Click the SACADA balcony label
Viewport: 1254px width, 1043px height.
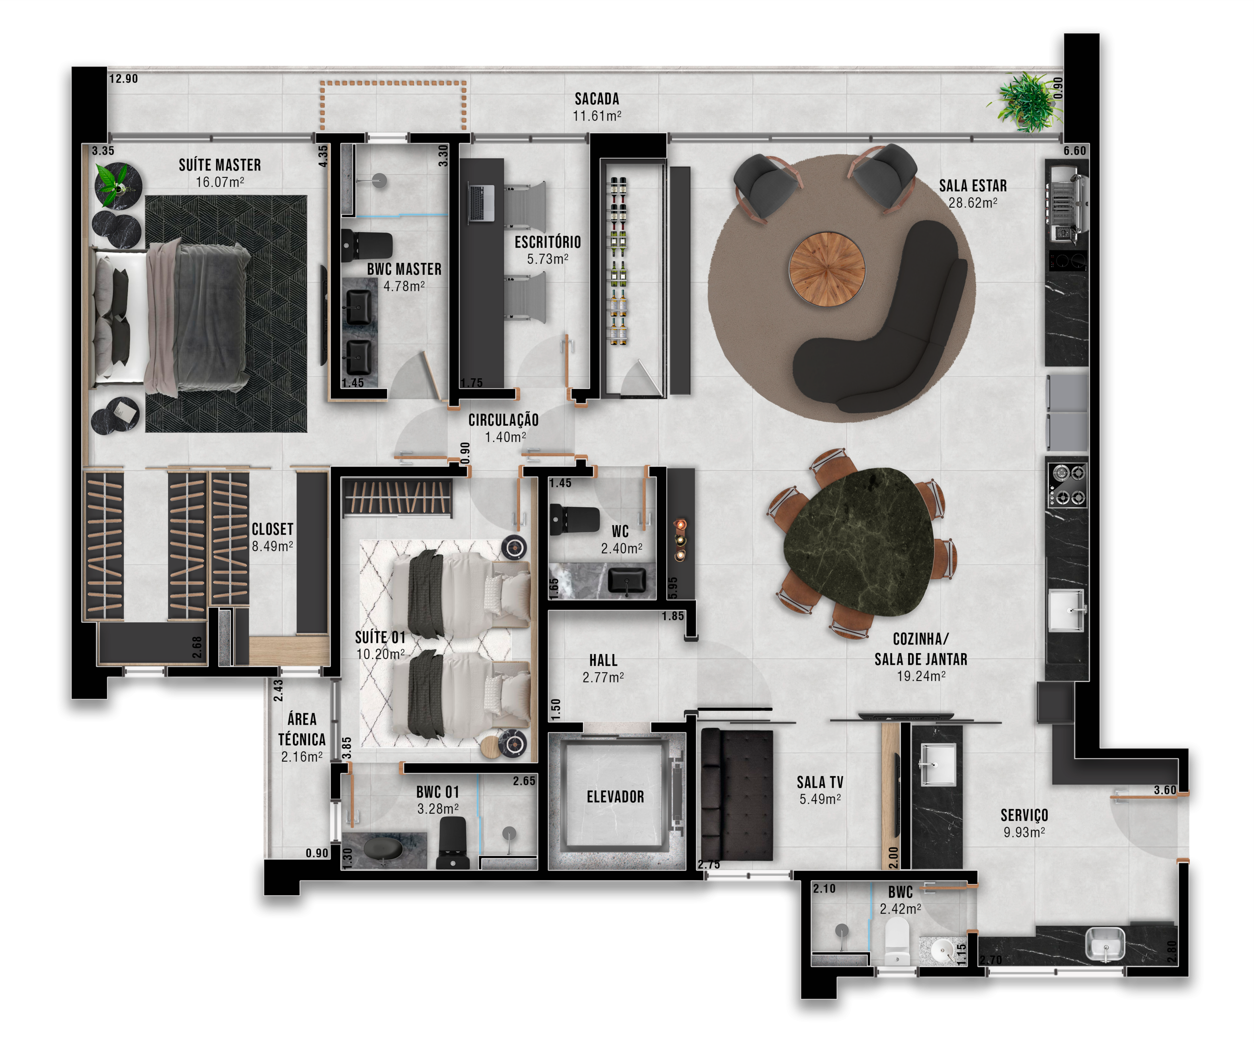[597, 98]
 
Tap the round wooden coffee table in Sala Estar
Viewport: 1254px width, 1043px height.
[827, 269]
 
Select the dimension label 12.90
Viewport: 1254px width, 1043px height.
[123, 79]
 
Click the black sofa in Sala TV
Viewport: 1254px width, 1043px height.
[737, 795]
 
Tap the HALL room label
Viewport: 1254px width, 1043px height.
[603, 660]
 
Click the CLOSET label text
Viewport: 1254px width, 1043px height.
[272, 529]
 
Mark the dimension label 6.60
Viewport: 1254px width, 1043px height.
[1075, 151]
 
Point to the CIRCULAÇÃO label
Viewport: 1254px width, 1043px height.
[504, 420]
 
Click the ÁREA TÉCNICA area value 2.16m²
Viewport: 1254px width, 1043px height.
[302, 757]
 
